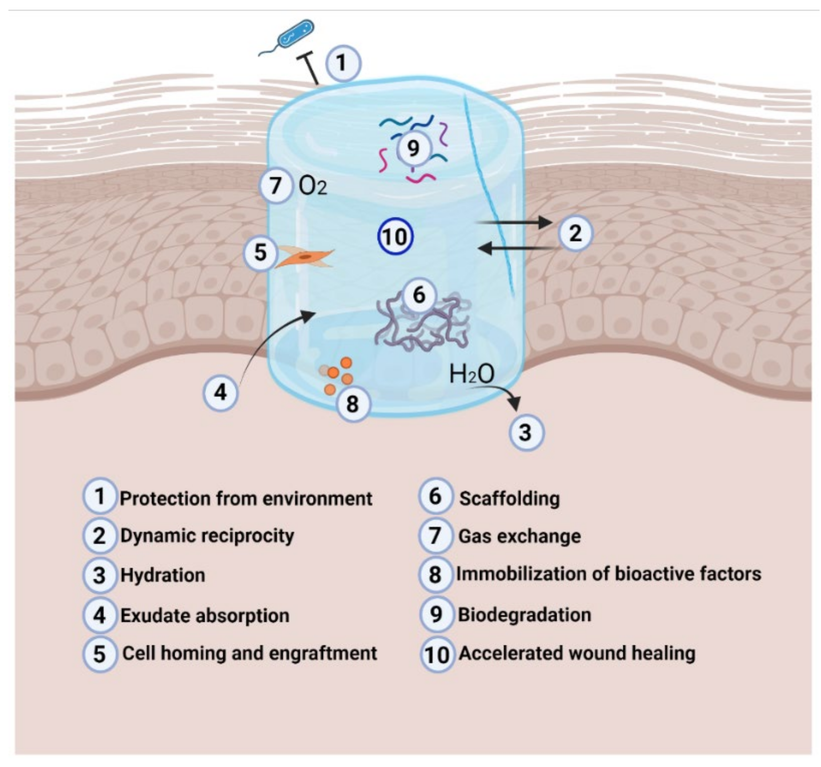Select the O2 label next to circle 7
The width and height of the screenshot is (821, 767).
[312, 187]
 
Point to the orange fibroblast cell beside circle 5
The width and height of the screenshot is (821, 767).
[305, 257]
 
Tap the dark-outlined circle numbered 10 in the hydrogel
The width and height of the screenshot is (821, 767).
[395, 236]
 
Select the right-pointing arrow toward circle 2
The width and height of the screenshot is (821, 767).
[514, 222]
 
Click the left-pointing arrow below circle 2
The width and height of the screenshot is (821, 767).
[514, 248]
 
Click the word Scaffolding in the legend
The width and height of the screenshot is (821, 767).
[510, 498]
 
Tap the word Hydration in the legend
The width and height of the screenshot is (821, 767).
[163, 575]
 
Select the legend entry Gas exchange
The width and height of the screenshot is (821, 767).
[520, 536]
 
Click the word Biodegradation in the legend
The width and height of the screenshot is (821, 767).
[524, 615]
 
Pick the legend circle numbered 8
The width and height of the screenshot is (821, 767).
[435, 574]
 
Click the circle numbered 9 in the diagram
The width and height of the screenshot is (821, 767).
[413, 148]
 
